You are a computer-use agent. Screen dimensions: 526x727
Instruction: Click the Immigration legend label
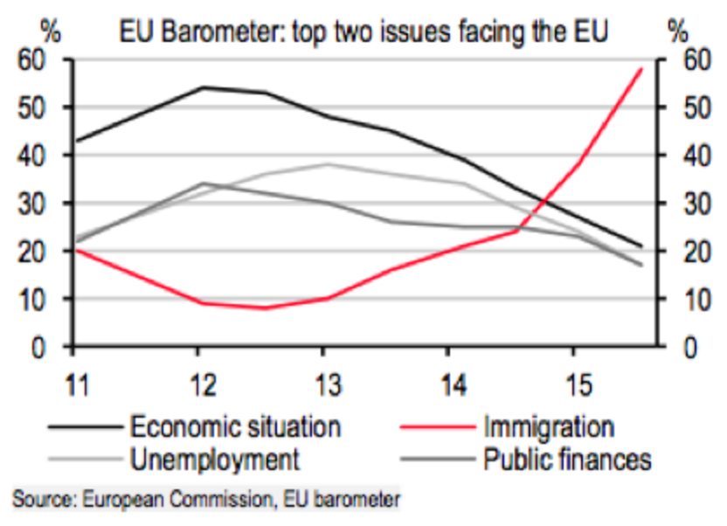tap(548, 427)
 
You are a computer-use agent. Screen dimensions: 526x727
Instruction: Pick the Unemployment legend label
tap(215, 459)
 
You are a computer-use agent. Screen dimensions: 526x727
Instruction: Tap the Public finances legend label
tap(567, 459)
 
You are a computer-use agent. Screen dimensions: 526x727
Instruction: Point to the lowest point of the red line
tap(262, 308)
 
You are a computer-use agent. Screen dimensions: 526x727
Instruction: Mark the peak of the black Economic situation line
tap(201, 87)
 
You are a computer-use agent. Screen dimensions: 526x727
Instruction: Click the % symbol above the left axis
tap(50, 31)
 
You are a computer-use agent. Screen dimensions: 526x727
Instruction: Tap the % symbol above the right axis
tap(678, 31)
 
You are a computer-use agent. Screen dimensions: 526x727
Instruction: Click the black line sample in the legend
tap(83, 428)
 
